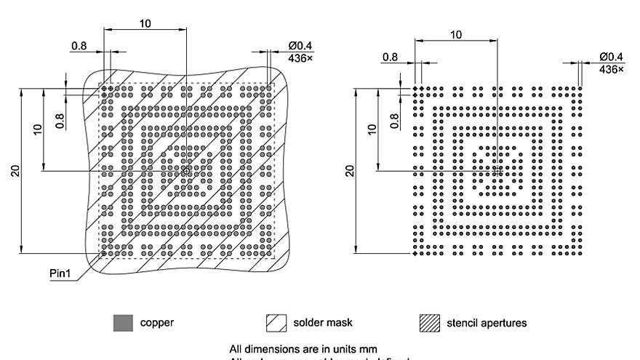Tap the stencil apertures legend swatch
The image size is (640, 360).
pos(430,323)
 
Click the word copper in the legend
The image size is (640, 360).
pos(157,322)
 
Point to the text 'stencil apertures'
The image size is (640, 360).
pos(487,322)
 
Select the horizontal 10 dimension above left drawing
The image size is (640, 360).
pos(145,23)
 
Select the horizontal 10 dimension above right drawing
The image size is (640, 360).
pos(456,34)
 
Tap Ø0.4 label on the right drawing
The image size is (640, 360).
pos(612,57)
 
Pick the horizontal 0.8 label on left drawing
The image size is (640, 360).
pos(79,46)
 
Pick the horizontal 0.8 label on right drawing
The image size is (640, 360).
pos(390,57)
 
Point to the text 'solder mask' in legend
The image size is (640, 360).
pos(324,322)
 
